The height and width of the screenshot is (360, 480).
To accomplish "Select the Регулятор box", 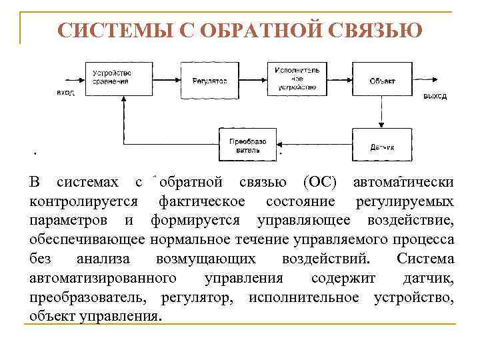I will point(210,79).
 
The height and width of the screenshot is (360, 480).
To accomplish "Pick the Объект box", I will point(382,79).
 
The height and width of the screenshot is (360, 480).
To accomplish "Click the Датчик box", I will point(382,144).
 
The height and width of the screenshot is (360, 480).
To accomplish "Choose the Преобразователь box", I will point(247,145).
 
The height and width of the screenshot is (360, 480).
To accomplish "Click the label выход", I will point(435,96).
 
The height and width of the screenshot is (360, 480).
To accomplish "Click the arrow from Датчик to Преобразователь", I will point(314,145).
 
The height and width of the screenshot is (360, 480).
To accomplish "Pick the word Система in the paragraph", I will point(425,259).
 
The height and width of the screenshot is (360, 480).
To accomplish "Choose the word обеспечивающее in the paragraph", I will point(88,239).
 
